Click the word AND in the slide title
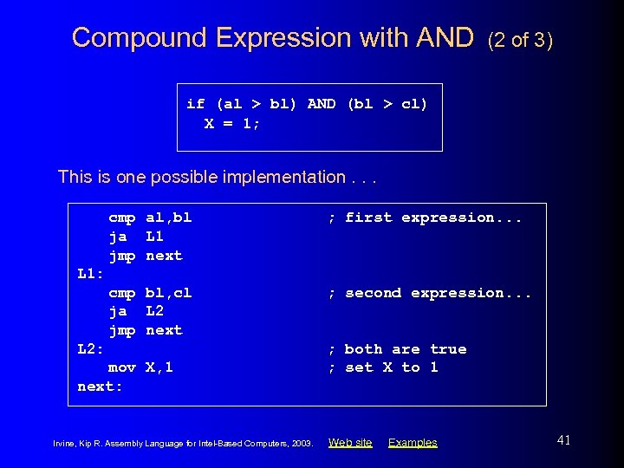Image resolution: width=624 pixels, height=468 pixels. coord(445,37)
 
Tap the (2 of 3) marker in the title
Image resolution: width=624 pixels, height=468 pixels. coord(520,39)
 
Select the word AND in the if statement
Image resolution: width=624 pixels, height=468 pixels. coord(322,104)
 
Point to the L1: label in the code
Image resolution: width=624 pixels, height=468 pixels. coord(91,274)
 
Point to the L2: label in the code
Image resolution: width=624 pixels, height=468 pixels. coord(91,349)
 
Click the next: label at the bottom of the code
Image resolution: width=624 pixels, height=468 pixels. coord(100,387)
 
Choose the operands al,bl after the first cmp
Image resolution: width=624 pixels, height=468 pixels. coord(168,218)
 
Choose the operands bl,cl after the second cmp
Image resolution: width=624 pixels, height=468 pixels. coord(168,293)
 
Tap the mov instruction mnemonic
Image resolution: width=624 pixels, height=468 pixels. coord(122,367)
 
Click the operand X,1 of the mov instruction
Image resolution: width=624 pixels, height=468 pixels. coord(159,367)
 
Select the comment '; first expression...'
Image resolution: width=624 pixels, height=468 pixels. coord(425,218)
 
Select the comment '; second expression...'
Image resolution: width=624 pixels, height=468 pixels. coord(429,293)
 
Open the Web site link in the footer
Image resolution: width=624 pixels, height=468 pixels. coord(350,443)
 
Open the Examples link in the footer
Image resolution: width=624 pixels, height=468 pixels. coord(413,443)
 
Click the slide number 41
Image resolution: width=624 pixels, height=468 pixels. coord(563,440)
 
